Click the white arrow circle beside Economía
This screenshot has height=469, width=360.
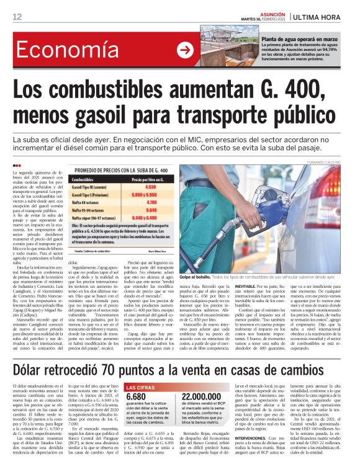185,50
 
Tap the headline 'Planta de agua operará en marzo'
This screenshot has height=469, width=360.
299,39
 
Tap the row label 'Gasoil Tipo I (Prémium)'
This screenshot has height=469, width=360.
91,194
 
